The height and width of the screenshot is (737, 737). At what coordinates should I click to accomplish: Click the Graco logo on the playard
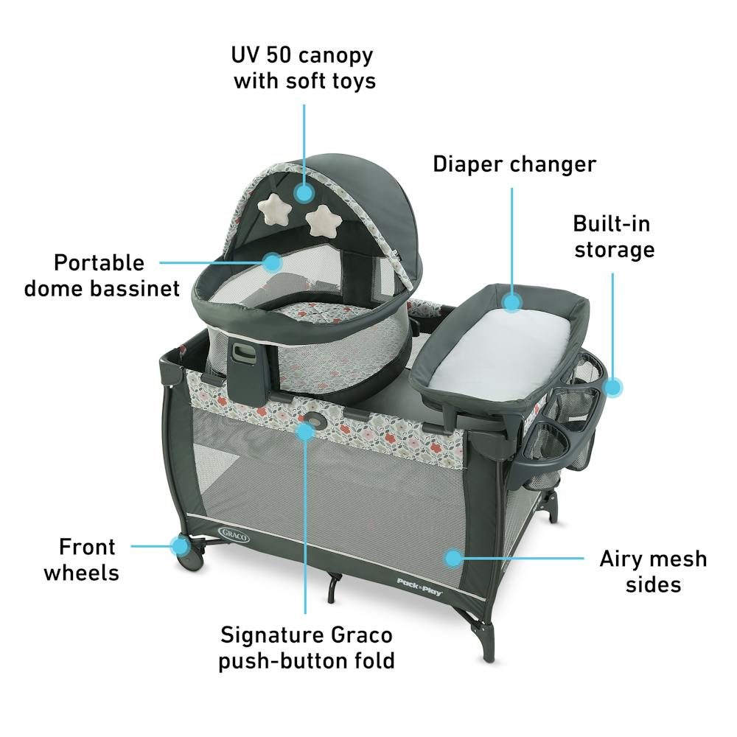pos(234,534)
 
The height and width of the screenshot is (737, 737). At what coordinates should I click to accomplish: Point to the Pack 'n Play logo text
pos(420,587)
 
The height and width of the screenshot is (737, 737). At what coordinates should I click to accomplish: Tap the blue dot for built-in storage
pos(612,388)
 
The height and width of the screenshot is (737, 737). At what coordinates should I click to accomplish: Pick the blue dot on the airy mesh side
pos(453,558)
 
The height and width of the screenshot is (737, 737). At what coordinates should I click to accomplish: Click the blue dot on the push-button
pos(306,431)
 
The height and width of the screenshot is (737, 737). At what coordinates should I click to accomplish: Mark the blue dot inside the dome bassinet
pos(272,262)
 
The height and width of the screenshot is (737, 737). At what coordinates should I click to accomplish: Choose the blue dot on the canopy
pos(304,192)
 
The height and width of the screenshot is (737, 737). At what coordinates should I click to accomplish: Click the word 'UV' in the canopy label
pos(245,55)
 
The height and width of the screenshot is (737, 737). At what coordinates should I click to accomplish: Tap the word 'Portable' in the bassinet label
pos(99,263)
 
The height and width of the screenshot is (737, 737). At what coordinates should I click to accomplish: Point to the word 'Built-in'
pos(612,224)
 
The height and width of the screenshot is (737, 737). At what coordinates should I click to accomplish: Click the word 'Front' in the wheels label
pos(87,547)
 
